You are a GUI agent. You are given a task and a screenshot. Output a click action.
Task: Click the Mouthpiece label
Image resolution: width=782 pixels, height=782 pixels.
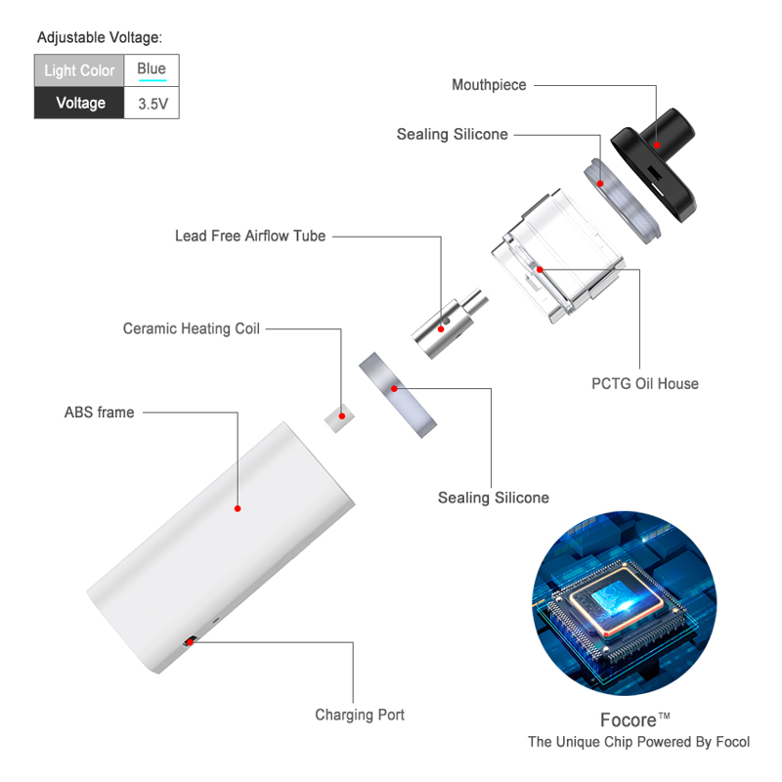489,85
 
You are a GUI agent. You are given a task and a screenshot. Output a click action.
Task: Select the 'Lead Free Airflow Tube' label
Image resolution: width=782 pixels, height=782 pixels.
250,236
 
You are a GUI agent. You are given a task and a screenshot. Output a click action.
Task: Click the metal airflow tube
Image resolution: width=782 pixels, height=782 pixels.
449,324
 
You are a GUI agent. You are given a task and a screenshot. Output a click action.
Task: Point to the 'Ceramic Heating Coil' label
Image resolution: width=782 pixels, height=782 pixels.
191,328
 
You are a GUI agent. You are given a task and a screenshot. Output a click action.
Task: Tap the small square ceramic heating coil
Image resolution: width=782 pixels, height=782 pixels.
339,418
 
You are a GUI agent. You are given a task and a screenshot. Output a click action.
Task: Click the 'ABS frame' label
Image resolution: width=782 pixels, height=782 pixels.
100,413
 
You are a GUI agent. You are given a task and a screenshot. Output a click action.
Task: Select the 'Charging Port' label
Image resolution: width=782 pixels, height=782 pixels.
360,715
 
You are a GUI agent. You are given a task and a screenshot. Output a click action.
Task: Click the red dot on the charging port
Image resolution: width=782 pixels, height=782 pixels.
190,642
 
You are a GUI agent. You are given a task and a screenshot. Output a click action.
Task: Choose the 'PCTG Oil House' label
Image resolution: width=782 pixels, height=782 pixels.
645,383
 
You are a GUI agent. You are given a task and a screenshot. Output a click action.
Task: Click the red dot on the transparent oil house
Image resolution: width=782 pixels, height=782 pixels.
540,270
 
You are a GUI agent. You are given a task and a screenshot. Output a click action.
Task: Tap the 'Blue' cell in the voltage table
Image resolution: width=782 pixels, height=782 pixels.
152,70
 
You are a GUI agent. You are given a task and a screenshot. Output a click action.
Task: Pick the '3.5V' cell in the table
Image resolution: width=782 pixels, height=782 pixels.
152,104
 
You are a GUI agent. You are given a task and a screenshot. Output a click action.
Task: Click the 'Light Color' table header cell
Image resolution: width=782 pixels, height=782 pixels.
79,70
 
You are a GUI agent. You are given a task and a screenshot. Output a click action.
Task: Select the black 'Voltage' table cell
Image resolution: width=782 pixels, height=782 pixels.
79,104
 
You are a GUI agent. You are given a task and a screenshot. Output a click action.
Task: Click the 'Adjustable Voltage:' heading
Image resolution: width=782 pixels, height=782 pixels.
100,37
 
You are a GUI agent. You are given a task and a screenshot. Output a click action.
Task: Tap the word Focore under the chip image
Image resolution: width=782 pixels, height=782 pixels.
629,720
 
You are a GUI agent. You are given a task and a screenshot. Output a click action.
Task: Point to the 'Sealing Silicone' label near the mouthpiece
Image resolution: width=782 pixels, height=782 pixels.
452,134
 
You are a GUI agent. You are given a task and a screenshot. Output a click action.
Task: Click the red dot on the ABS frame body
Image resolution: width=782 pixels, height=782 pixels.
238,508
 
